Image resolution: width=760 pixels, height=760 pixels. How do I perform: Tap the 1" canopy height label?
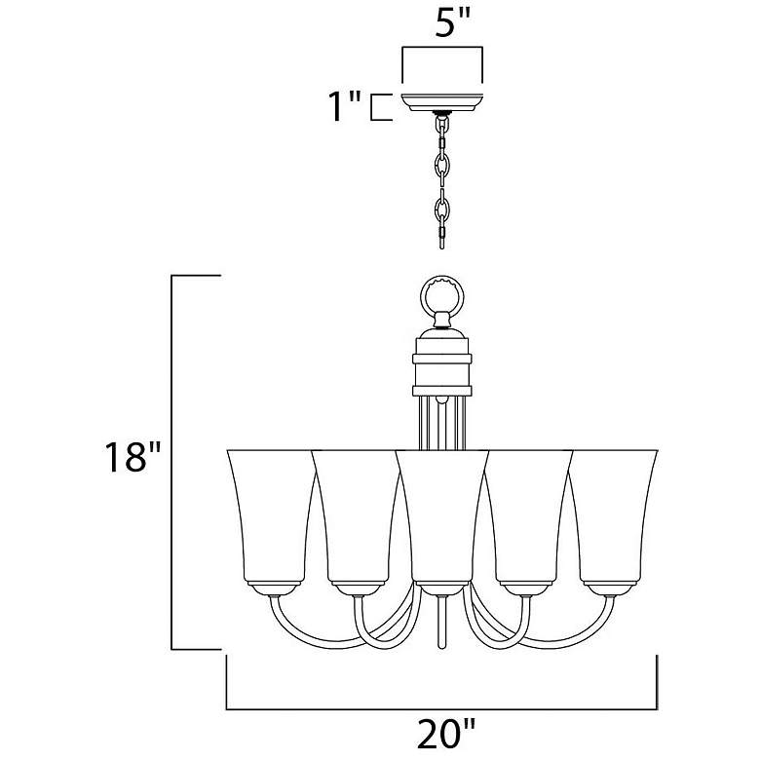coord(345,105)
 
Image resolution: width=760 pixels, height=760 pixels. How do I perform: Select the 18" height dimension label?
coord(133,457)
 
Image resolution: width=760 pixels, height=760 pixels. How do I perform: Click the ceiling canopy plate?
coord(442,102)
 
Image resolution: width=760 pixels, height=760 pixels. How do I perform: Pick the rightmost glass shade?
coord(612,517)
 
